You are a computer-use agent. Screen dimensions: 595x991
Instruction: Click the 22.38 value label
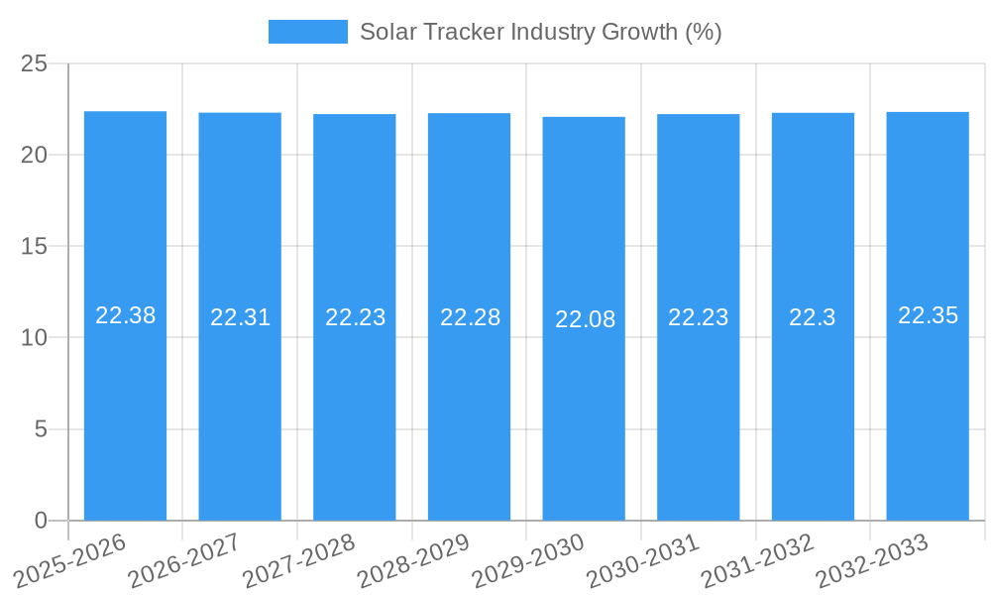pos(125,315)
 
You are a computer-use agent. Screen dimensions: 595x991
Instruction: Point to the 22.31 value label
pos(240,317)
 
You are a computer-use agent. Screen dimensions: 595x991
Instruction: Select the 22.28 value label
pos(470,317)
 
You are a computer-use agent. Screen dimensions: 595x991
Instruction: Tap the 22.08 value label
pos(585,319)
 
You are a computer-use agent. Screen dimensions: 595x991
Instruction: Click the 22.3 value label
pos(812,317)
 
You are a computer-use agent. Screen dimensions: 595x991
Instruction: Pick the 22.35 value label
pos(928,315)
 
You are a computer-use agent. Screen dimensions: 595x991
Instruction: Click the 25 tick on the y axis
pos(35,63)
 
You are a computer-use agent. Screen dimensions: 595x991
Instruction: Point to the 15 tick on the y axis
pos(35,246)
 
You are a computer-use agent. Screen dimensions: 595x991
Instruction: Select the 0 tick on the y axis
pos(41,521)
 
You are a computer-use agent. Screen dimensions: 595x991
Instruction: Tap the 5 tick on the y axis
pos(41,429)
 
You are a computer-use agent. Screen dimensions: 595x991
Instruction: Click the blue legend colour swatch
pos(307,32)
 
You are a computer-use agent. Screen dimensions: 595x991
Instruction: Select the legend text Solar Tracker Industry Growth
pos(540,32)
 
